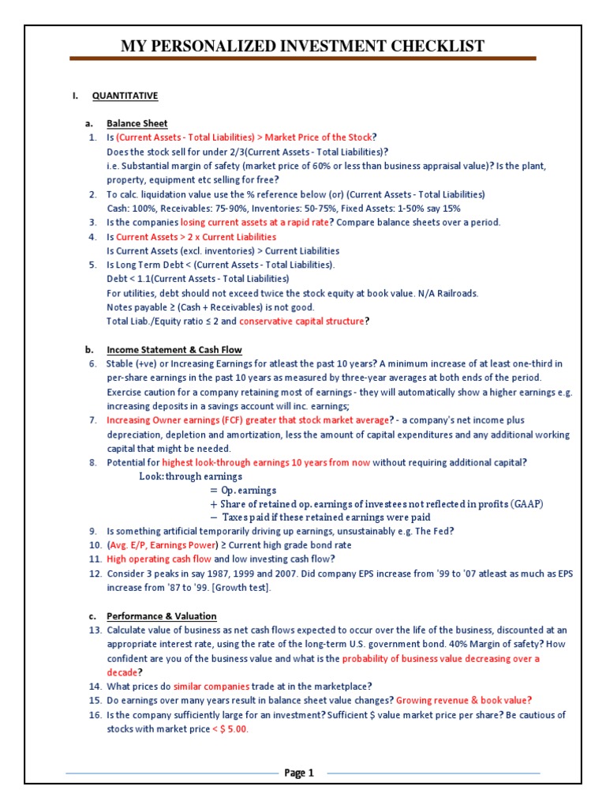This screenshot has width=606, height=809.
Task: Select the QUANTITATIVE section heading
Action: point(125,96)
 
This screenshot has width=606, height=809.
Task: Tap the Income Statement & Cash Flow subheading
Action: point(174,350)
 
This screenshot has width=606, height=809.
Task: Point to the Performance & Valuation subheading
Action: point(162,616)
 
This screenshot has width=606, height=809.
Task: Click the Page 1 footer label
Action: point(299,773)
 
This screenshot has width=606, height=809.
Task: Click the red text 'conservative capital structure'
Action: point(302,322)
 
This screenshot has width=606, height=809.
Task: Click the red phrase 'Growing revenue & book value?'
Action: point(463,701)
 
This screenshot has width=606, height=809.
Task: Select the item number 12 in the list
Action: point(95,574)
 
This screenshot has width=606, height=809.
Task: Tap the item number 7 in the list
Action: point(92,420)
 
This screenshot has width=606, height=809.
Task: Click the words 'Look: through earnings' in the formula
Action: point(190,477)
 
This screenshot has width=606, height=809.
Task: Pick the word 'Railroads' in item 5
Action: point(458,293)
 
